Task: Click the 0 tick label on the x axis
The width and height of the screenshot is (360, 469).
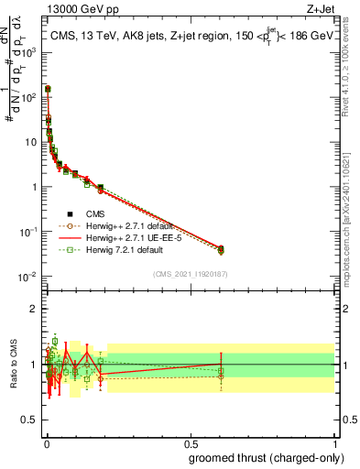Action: coord(47,442)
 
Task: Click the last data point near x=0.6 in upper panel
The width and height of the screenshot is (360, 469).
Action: coord(221,249)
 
